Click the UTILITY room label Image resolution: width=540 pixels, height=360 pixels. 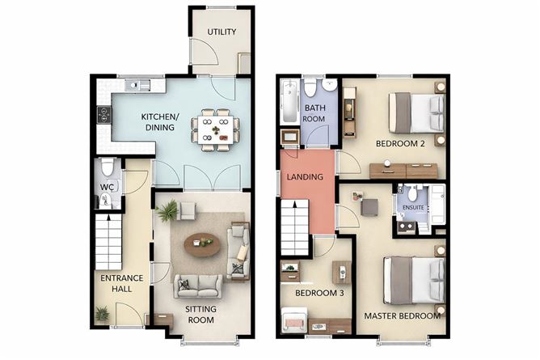221,32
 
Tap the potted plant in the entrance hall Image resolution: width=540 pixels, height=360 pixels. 102,312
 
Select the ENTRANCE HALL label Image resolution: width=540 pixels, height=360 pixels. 121,284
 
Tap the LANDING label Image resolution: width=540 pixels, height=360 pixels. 305,176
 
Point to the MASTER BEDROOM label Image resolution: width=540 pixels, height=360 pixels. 402,316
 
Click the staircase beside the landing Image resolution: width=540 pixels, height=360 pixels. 295,227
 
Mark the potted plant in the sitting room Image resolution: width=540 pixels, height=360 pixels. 168,212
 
